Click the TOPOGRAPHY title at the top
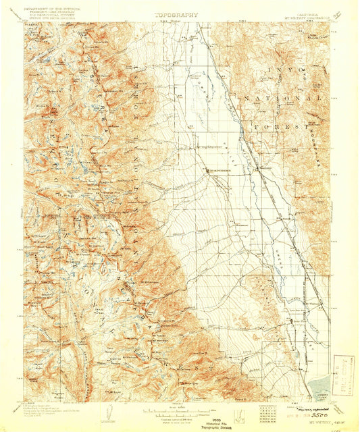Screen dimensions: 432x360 point(178,13)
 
